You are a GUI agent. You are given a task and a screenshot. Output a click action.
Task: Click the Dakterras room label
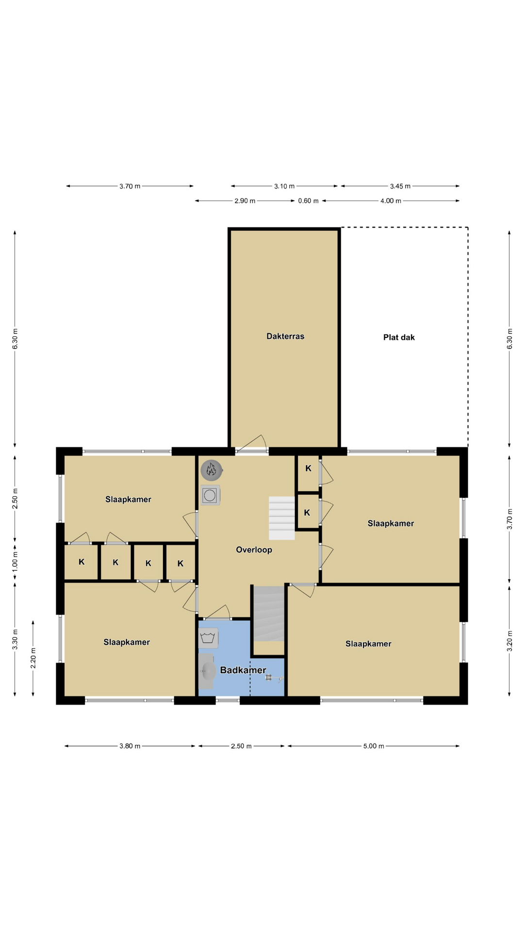coord(285,336)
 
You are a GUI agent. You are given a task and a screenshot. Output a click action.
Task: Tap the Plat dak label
coord(399,337)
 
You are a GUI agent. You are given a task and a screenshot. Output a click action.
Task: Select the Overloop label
coord(254,550)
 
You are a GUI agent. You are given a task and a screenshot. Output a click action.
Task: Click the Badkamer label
coord(243,670)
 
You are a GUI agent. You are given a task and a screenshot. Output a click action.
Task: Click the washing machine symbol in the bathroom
coord(208,638)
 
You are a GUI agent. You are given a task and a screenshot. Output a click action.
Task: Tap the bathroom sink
coord(207,671)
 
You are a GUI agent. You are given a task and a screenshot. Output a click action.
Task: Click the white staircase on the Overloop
coord(282,518)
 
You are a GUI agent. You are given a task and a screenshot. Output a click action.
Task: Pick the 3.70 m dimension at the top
coord(130,186)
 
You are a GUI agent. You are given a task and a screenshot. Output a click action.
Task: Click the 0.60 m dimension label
coord(308,200)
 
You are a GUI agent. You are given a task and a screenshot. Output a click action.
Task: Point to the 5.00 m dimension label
coord(374,746)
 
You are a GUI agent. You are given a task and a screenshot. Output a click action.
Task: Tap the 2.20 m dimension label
coord(33,658)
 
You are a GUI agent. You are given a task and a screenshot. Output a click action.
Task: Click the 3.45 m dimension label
coord(400,186)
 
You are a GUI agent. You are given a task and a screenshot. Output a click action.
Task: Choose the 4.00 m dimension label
coord(391,200)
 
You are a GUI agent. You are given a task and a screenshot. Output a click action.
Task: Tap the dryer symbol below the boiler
coord(210,495)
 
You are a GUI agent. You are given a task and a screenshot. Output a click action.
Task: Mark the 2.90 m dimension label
coord(245,200)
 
